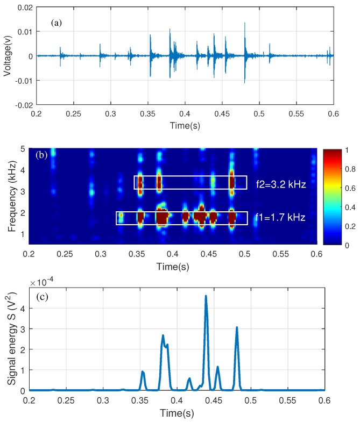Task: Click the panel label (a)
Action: coord(56,24)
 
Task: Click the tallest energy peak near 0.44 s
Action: coord(206,296)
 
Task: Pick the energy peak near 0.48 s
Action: coord(237,328)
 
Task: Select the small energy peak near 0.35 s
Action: coord(143,372)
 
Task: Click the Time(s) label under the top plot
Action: coord(185,125)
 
